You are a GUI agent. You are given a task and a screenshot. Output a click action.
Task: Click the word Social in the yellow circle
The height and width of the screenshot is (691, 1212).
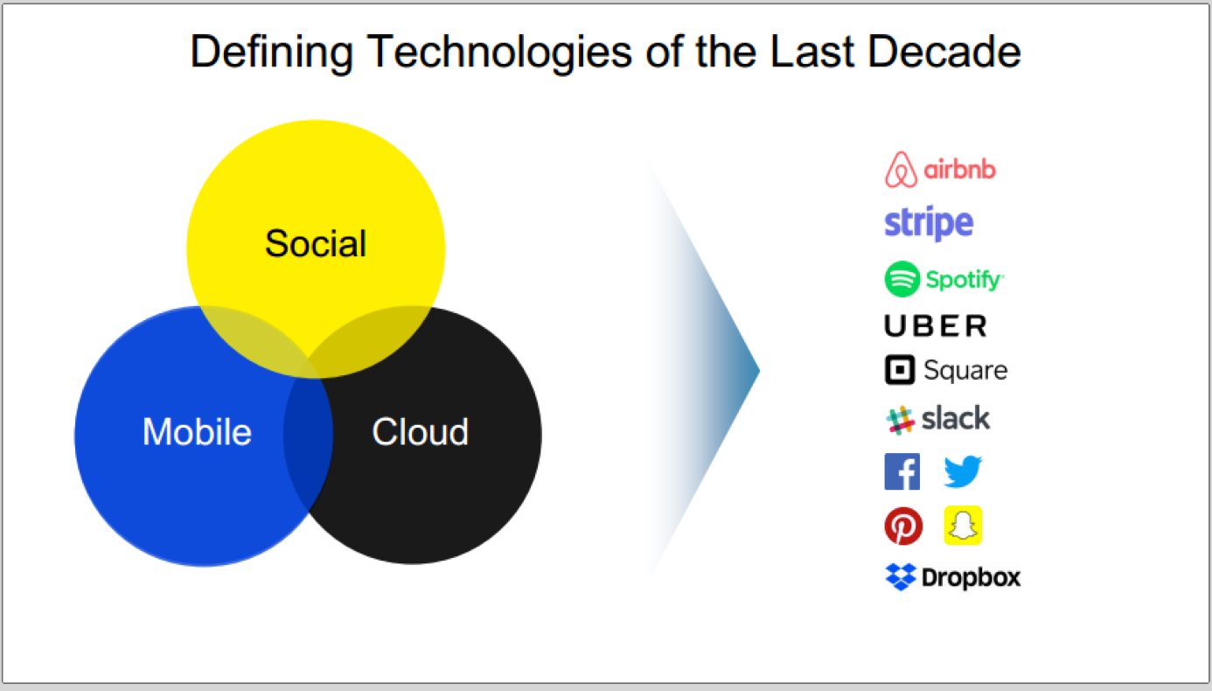point(316,243)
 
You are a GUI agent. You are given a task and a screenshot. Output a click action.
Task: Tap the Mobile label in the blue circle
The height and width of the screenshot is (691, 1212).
point(197,432)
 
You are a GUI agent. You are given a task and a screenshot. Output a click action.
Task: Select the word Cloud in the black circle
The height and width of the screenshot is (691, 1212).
point(421,432)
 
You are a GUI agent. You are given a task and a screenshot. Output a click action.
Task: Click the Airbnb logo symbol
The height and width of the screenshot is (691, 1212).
point(901,170)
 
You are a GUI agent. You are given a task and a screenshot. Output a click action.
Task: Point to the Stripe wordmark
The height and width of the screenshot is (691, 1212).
point(929,223)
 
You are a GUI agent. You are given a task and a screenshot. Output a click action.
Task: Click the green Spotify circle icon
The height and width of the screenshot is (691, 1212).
point(902,279)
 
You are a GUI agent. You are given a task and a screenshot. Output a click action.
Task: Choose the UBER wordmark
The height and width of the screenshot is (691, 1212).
point(936,325)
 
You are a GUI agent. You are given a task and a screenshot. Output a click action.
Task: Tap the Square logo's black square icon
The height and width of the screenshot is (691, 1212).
point(900,370)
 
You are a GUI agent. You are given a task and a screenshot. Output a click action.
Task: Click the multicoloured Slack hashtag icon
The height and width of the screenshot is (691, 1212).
point(901,420)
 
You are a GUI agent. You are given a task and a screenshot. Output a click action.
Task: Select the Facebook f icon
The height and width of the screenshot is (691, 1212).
point(902,471)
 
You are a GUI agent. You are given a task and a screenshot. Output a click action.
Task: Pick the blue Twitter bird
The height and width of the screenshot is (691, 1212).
point(963,471)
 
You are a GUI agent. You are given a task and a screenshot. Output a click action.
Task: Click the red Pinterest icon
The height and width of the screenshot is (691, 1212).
point(903,526)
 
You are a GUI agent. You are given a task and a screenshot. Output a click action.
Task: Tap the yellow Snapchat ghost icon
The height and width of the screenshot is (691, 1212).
point(963,526)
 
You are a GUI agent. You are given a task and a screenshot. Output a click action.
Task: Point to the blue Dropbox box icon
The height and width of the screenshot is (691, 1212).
point(901,576)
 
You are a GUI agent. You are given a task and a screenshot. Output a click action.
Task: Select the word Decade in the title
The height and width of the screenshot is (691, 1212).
point(944,52)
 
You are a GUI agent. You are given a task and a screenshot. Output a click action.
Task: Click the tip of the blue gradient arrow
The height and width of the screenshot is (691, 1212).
point(760,371)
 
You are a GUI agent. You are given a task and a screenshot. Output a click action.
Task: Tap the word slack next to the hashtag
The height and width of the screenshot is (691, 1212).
point(956,418)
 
